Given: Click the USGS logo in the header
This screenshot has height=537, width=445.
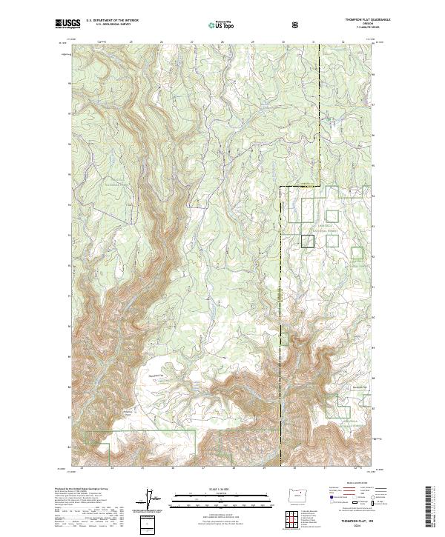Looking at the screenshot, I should [68, 24].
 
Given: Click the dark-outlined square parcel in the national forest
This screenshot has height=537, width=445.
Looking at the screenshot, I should [307, 241].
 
